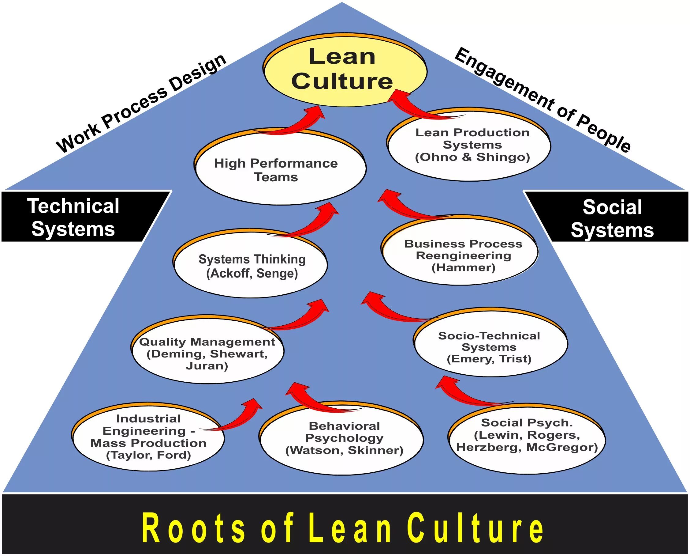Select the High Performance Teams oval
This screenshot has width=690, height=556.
click(280, 170)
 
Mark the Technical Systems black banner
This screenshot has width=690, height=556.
click(74, 217)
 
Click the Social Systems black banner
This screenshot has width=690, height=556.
click(612, 218)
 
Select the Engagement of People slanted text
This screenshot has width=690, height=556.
click(543, 99)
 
